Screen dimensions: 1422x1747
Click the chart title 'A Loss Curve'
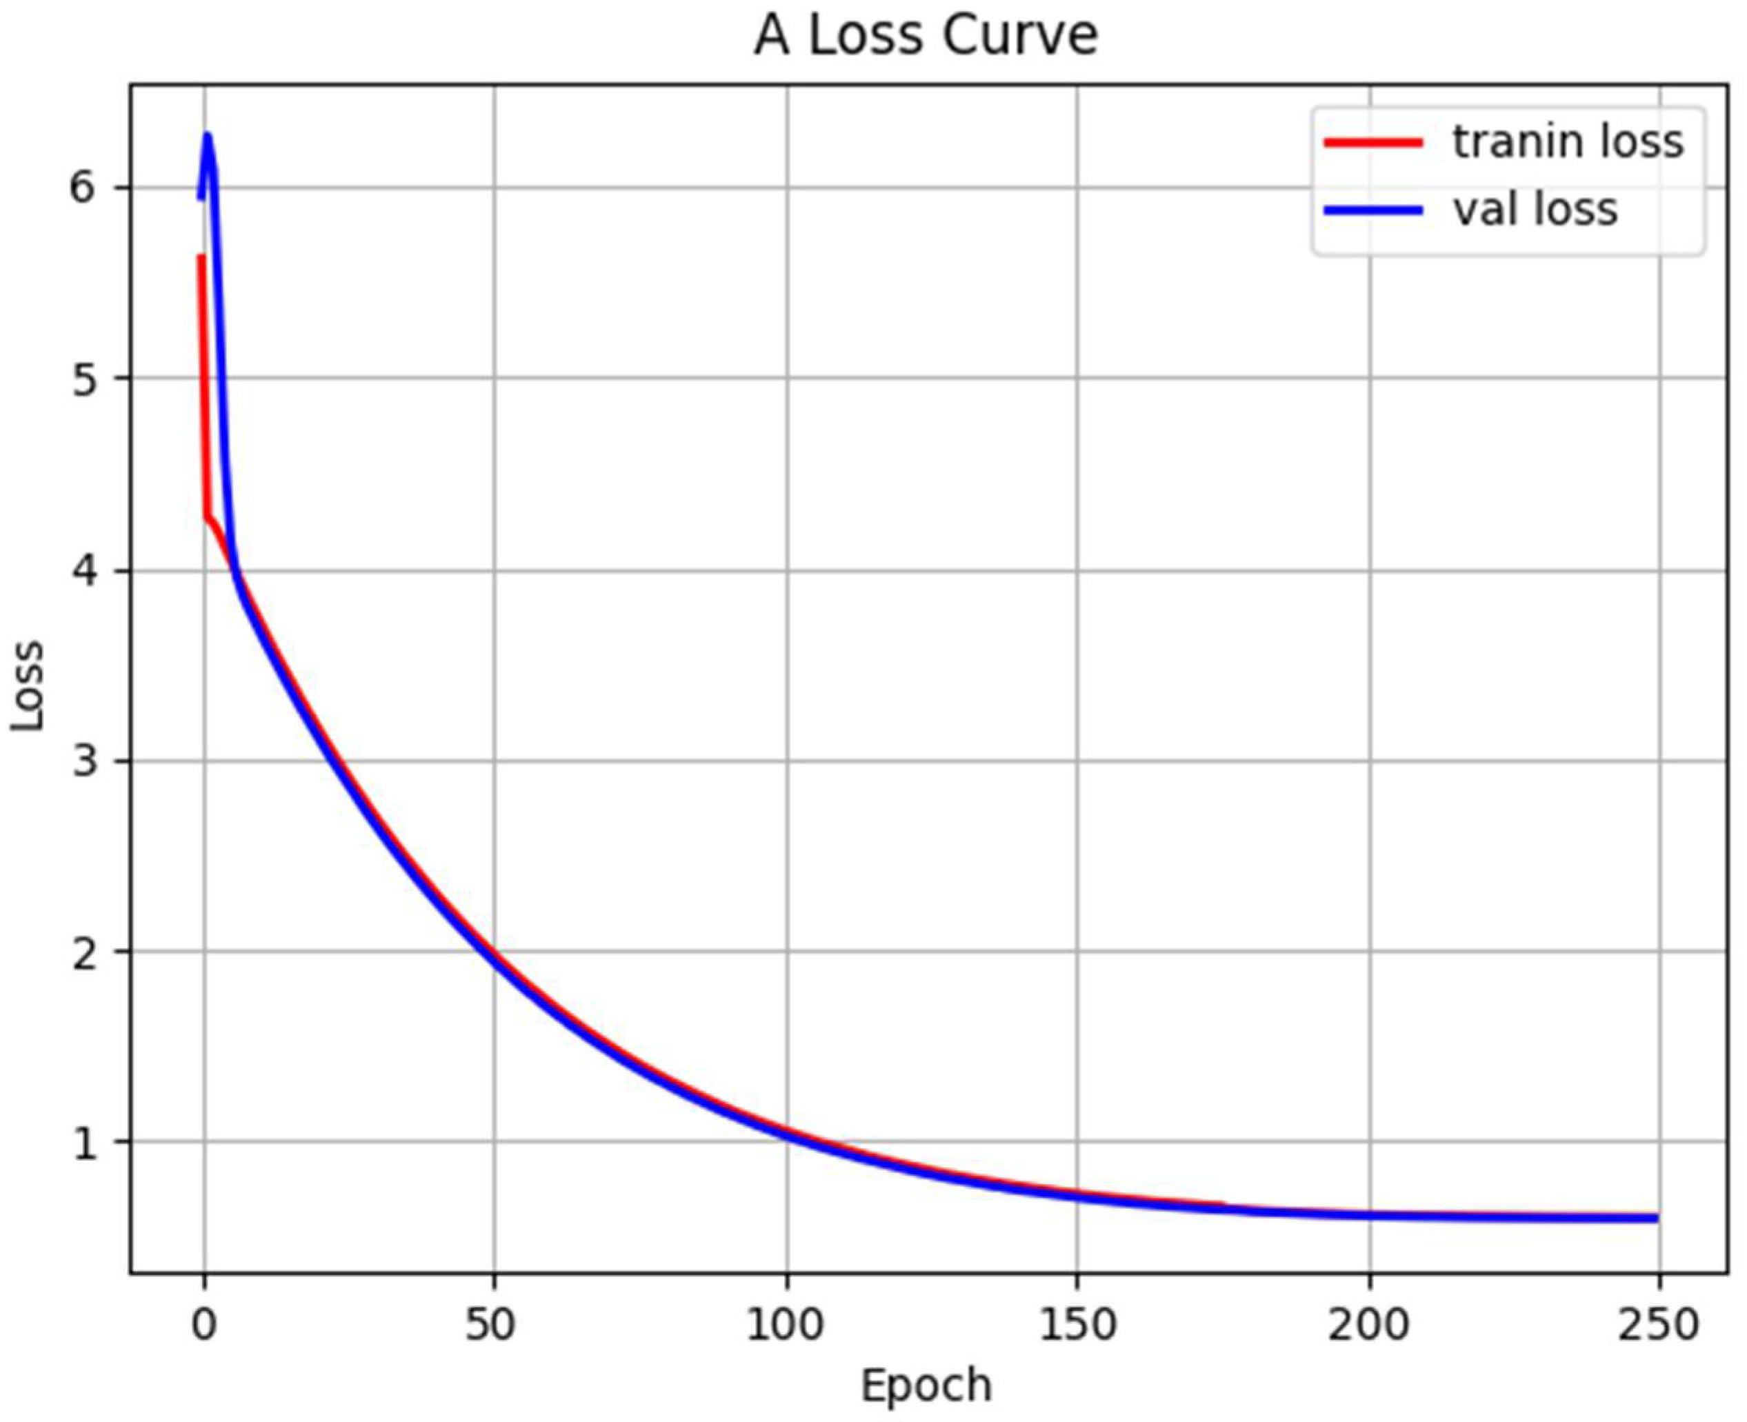[x=926, y=37]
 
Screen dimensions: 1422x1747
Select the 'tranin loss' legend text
[x=1568, y=141]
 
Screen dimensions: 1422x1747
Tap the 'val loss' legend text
[x=1535, y=210]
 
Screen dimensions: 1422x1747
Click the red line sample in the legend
[x=1372, y=141]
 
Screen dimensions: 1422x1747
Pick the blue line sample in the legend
[x=1372, y=210]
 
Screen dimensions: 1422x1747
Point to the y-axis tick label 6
[x=83, y=188]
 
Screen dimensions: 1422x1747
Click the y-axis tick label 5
[x=83, y=379]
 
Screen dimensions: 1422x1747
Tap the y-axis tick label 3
[x=83, y=761]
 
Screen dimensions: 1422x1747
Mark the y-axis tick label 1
[x=83, y=1143]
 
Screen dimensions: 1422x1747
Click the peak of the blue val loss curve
[x=207, y=136]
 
